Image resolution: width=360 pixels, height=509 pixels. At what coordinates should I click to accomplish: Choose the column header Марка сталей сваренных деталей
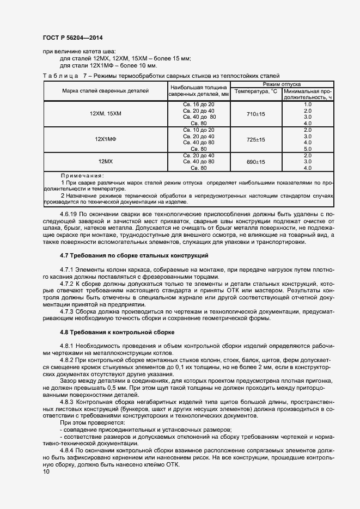pos(105,91)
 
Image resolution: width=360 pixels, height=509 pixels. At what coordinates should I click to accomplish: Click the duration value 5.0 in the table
pos(307,149)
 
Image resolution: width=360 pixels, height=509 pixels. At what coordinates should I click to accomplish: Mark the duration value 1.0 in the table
pos(307,104)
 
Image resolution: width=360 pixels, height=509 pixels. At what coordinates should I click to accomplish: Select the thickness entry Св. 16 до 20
pos(199,104)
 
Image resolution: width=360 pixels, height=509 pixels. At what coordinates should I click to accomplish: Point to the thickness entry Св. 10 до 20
pos(199,130)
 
